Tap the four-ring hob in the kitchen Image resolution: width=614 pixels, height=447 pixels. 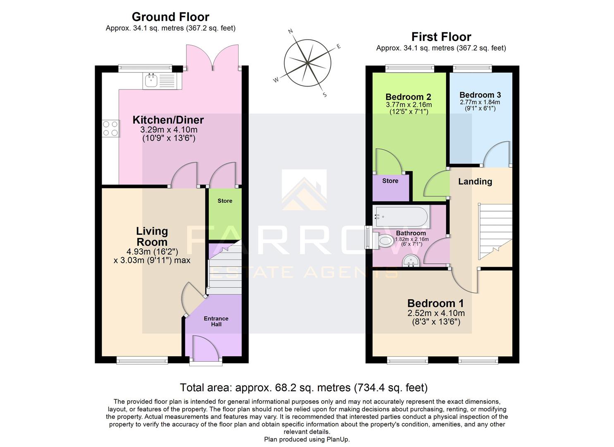110,128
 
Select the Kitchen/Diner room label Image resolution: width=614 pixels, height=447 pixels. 168,120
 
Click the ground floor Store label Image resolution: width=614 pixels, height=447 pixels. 225,201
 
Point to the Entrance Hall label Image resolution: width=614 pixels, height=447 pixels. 216,321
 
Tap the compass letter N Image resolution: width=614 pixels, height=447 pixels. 290,31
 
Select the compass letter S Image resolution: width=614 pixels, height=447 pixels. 325,95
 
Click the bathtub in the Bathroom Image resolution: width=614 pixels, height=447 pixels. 400,216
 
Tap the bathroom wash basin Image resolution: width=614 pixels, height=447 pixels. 411,261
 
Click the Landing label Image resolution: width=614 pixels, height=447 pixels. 475,181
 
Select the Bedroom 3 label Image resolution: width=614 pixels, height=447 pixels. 480,95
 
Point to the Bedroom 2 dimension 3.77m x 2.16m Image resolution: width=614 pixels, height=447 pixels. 408,105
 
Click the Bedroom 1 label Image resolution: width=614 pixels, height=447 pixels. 435,303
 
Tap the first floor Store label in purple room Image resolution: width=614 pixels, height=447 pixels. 390,181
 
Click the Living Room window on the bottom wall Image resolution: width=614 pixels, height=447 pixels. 142,360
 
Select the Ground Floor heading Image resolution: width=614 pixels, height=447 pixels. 170,17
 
